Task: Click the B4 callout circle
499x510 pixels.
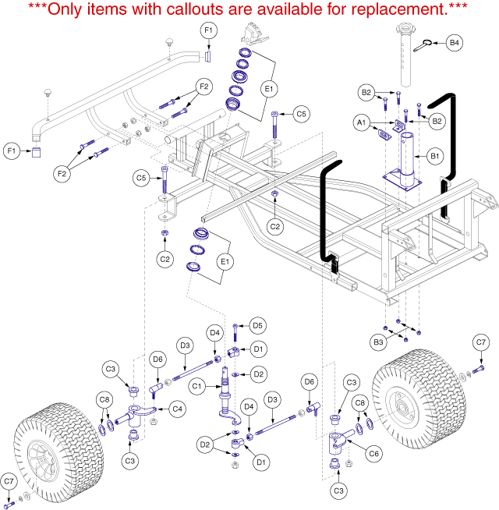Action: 454,43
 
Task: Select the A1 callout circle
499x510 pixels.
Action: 362,122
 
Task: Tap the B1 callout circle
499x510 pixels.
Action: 435,156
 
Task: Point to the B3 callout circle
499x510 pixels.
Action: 378,342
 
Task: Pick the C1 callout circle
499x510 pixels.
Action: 196,387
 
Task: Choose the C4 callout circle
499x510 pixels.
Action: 177,409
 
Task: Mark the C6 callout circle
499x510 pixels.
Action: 373,453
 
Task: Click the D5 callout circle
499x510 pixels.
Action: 257,326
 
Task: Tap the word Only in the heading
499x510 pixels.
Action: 66,9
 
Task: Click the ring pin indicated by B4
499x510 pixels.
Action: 423,45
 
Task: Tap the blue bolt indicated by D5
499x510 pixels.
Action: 235,332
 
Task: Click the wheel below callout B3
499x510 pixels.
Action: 419,399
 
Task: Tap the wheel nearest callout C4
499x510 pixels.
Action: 59,453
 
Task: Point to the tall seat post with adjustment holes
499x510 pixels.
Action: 405,55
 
